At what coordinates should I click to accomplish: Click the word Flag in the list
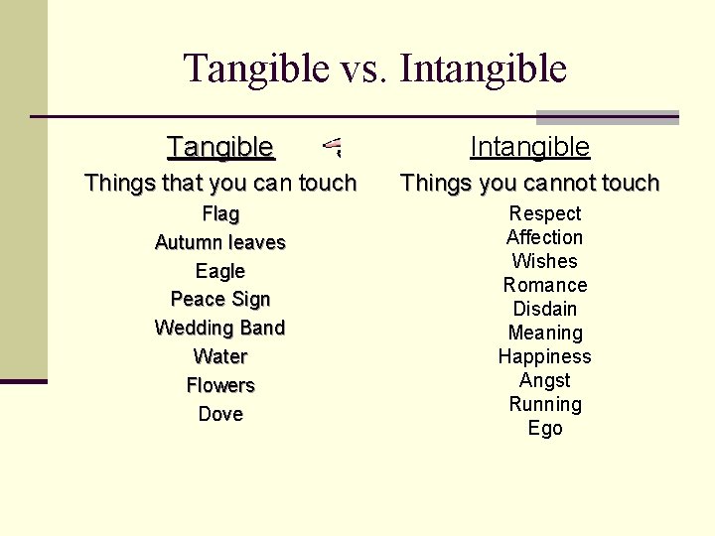220,213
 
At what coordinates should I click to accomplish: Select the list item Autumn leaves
220,242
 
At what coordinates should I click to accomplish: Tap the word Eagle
220,271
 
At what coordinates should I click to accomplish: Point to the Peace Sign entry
220,299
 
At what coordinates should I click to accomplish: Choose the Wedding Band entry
220,328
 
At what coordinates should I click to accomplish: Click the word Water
220,356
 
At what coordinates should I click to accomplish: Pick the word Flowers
220,385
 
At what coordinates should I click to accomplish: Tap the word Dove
220,414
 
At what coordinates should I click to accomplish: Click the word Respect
545,213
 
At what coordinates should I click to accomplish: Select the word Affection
545,237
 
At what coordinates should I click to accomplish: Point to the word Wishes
545,261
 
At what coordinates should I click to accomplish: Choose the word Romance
545,285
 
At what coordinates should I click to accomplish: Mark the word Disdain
545,309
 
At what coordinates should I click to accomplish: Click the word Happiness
545,356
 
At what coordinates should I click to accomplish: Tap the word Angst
545,380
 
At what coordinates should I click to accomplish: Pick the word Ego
545,428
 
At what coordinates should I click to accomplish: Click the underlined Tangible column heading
220,147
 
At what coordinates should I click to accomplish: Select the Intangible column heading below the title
529,147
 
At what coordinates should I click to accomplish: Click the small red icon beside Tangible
334,149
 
